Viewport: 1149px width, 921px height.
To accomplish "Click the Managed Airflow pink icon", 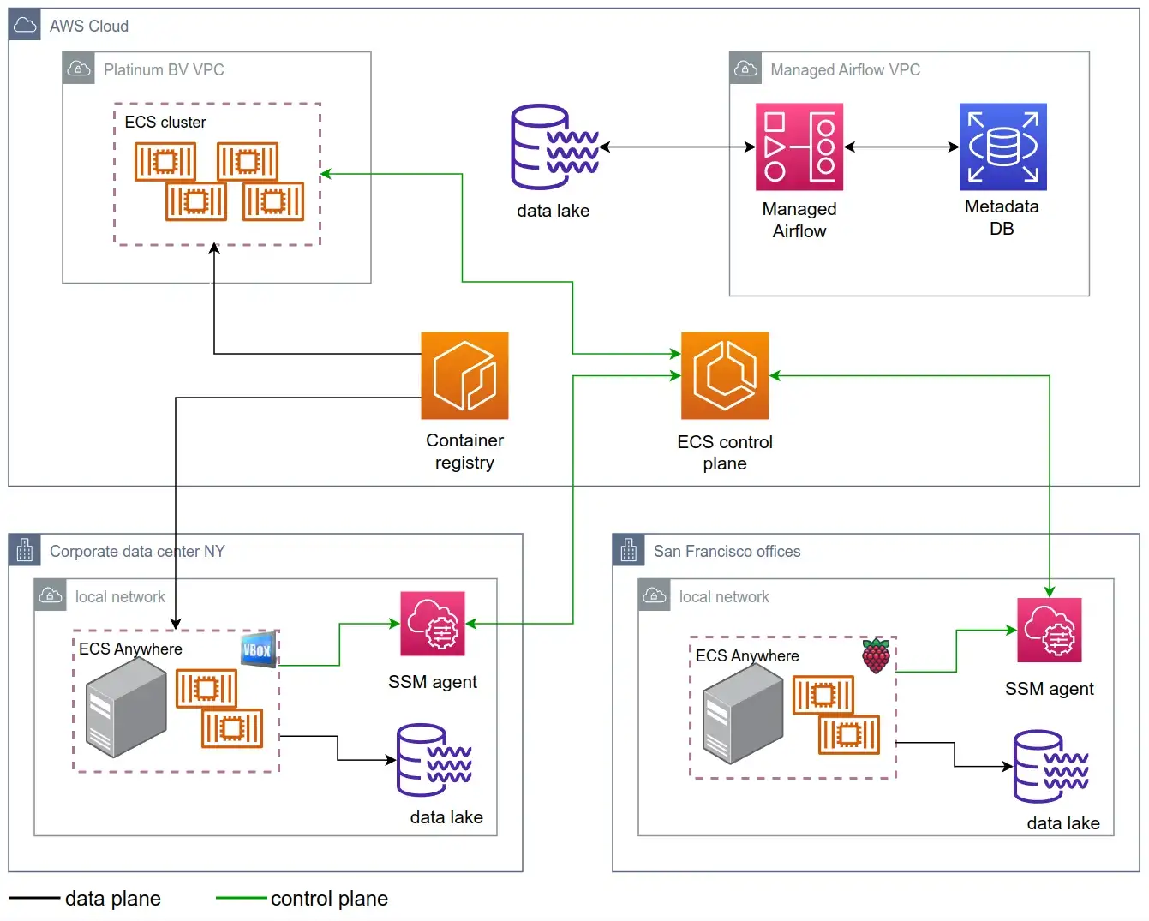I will pos(799,147).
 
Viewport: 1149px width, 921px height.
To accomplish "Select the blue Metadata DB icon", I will pos(1002,147).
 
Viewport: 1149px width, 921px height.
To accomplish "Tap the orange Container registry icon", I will pos(464,375).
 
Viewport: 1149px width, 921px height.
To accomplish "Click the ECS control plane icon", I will pos(725,375).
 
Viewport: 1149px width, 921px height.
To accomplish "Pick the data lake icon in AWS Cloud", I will pos(554,147).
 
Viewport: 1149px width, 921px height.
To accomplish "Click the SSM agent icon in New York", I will pos(433,624).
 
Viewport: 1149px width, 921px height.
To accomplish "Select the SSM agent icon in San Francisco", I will pos(1049,631).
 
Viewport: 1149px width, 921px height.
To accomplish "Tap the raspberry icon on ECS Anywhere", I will pos(876,656).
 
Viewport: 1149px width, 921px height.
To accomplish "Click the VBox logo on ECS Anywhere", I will pos(258,649).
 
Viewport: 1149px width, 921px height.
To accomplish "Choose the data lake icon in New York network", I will pos(434,760).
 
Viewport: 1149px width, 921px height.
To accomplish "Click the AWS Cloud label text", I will pos(89,27).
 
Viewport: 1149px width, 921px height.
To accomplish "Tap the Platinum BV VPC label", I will pos(164,70).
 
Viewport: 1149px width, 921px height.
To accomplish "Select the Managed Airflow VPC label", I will pos(845,70).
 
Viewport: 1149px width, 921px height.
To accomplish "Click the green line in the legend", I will pos(242,898).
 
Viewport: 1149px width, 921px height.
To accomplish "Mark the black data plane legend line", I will pos(35,898).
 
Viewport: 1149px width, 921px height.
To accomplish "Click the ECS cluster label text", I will pos(165,123).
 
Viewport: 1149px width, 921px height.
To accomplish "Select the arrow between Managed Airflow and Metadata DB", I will pos(901,147).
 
